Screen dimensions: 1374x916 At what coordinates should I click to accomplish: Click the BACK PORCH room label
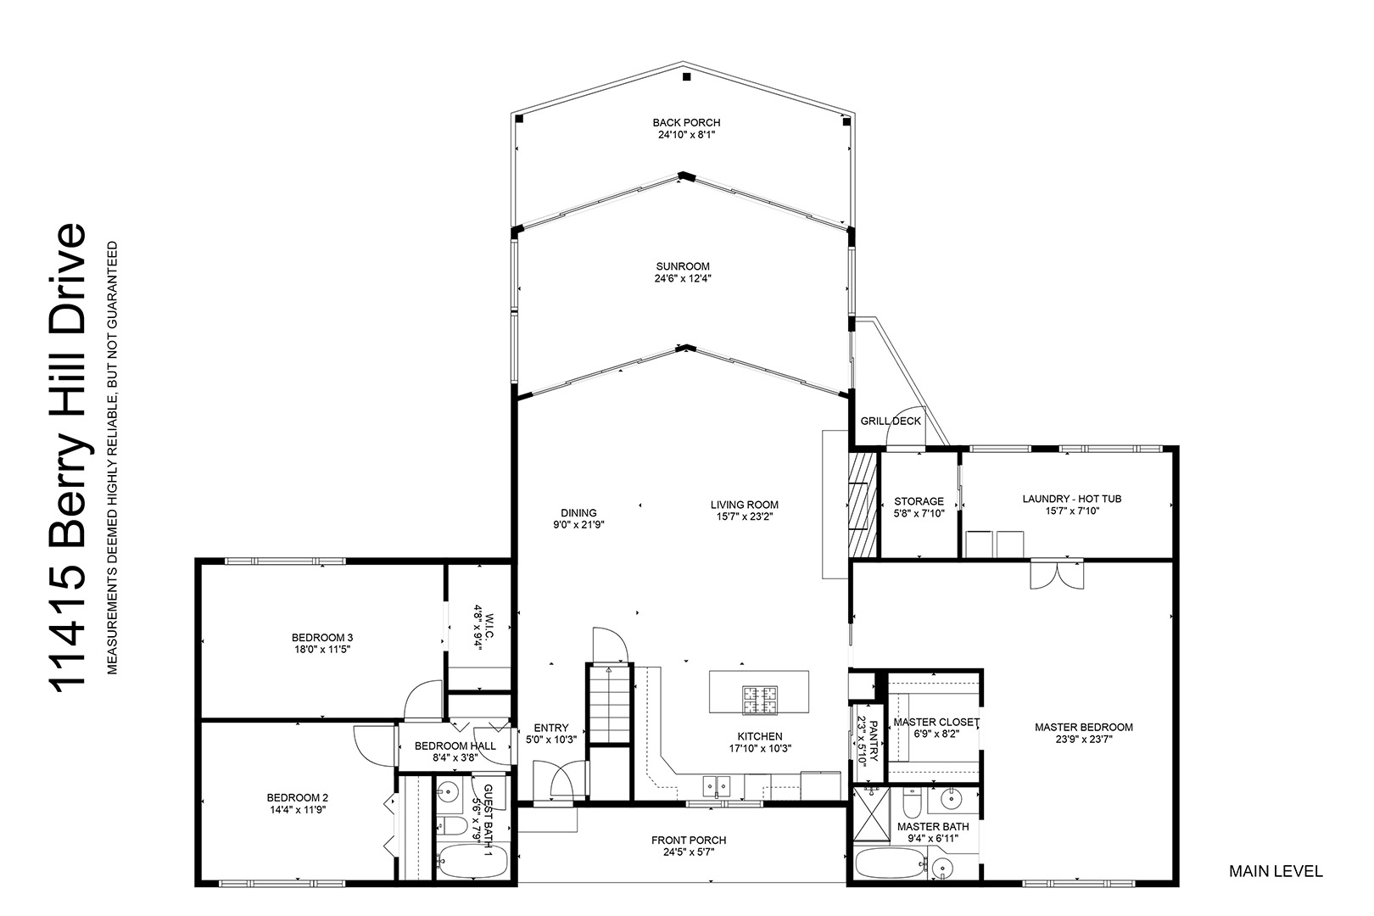point(686,123)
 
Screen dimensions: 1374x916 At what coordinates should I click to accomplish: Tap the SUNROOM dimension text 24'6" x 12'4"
point(683,278)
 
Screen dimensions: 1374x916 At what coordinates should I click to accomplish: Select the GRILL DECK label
point(891,421)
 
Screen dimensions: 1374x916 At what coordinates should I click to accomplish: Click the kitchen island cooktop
point(760,700)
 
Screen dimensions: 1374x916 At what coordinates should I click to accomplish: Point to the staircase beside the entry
point(609,704)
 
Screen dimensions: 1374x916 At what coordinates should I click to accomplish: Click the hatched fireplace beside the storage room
point(863,505)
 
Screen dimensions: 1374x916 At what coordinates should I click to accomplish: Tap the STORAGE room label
point(919,501)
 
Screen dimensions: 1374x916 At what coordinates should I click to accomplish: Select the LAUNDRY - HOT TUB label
point(1071,499)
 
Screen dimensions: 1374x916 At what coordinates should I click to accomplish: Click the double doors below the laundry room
point(1057,574)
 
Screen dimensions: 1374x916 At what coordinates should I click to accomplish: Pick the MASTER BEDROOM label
point(1084,727)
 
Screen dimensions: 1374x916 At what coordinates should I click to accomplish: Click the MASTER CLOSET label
point(936,722)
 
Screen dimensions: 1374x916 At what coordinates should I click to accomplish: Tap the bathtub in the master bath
point(891,863)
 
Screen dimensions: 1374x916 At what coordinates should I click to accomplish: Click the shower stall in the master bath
point(871,813)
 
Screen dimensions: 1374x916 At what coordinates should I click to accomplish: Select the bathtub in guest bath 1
point(473,861)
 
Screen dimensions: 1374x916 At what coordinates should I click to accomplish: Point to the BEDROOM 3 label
point(322,638)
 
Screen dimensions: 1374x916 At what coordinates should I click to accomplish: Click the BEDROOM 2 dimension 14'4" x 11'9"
point(298,809)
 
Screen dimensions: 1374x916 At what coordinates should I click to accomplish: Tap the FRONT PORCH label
point(689,840)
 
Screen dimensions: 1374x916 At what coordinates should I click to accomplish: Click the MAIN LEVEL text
point(1276,871)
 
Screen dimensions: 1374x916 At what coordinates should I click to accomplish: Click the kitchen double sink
point(717,786)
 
